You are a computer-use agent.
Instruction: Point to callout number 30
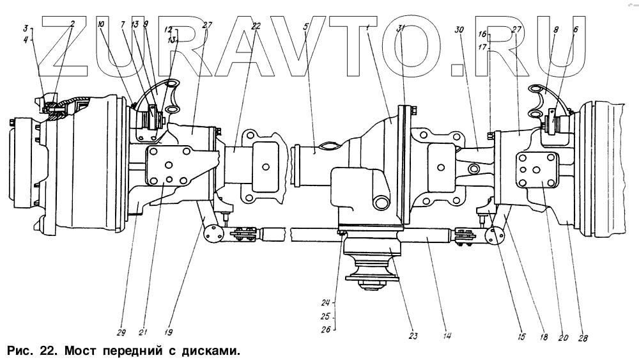click(459, 29)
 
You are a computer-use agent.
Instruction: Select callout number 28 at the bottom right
click(583, 338)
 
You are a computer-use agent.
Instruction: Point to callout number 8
click(555, 29)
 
